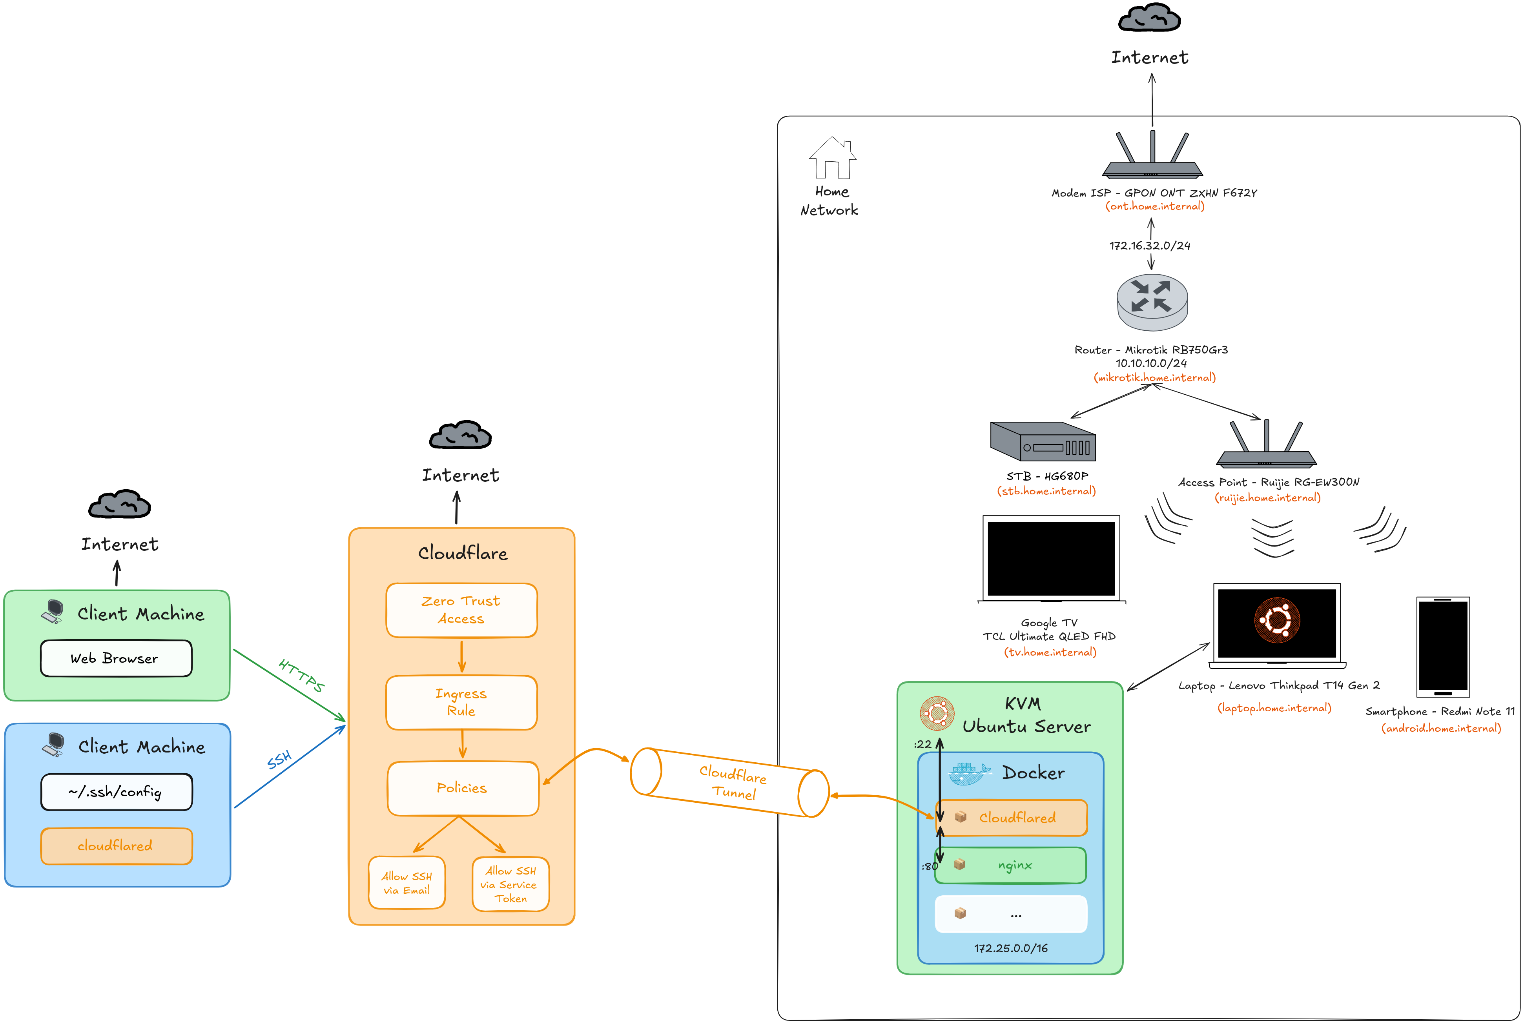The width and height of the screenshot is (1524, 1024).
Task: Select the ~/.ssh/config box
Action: (116, 792)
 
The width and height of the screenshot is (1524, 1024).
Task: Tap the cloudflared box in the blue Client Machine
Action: (116, 846)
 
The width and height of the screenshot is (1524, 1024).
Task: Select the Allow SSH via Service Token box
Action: (510, 884)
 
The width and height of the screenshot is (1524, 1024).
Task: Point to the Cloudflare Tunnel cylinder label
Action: (733, 782)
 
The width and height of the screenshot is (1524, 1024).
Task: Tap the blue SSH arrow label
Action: (279, 760)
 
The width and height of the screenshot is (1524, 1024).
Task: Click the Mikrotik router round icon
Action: (1152, 302)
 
